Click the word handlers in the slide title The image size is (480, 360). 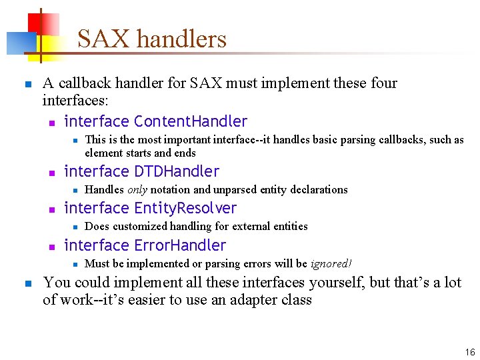pyautogui.click(x=181, y=39)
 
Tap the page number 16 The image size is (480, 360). pyautogui.click(x=470, y=351)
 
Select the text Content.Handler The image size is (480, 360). pyautogui.click(x=191, y=121)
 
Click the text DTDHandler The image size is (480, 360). pyautogui.click(x=177, y=171)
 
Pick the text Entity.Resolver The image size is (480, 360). pyautogui.click(x=185, y=208)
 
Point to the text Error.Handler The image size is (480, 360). pyautogui.click(x=180, y=245)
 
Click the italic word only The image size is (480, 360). pyautogui.click(x=137, y=189)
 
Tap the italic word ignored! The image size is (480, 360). pyautogui.click(x=331, y=263)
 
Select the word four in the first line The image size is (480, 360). pyautogui.click(x=384, y=83)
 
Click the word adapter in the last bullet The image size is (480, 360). pyautogui.click(x=253, y=299)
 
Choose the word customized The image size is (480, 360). pyautogui.click(x=139, y=226)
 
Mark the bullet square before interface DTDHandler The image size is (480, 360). pyautogui.click(x=51, y=173)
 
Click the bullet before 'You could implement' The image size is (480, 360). pyautogui.click(x=26, y=283)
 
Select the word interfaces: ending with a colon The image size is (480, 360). pyautogui.click(x=75, y=101)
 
